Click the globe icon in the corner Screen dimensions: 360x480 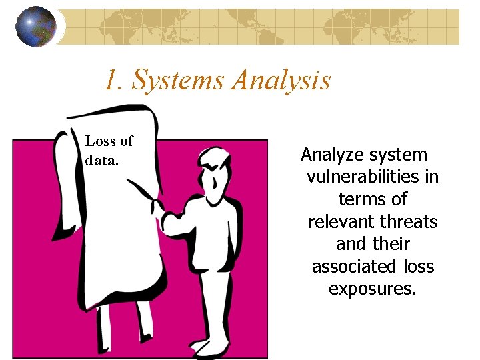pos(36,27)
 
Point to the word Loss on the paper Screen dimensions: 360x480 pos(101,141)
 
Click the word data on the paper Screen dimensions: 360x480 pos(99,160)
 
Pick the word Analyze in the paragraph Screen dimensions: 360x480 pos(331,155)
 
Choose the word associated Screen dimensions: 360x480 pos(347,267)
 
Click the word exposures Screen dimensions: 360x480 pos(372,289)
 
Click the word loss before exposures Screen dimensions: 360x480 pos(419,267)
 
